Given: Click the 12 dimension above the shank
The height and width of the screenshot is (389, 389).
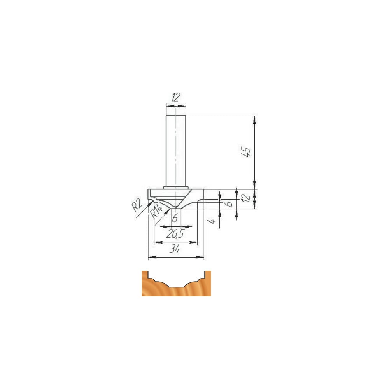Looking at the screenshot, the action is [x=175, y=97].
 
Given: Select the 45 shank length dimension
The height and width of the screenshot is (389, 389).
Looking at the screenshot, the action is [x=246, y=152].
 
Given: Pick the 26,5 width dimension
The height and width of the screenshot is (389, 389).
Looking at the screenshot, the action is [x=175, y=234].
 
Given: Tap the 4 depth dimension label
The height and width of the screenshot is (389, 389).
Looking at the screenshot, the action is [x=213, y=221].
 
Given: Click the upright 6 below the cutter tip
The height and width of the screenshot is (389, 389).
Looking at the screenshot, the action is [x=175, y=218].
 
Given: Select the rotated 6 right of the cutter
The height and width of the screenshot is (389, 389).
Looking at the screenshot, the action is [x=230, y=203].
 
